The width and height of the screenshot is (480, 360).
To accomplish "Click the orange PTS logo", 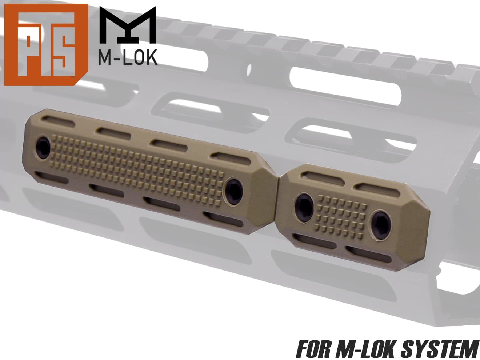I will coord(46,44).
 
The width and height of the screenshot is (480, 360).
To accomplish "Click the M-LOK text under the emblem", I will coord(128,57).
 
